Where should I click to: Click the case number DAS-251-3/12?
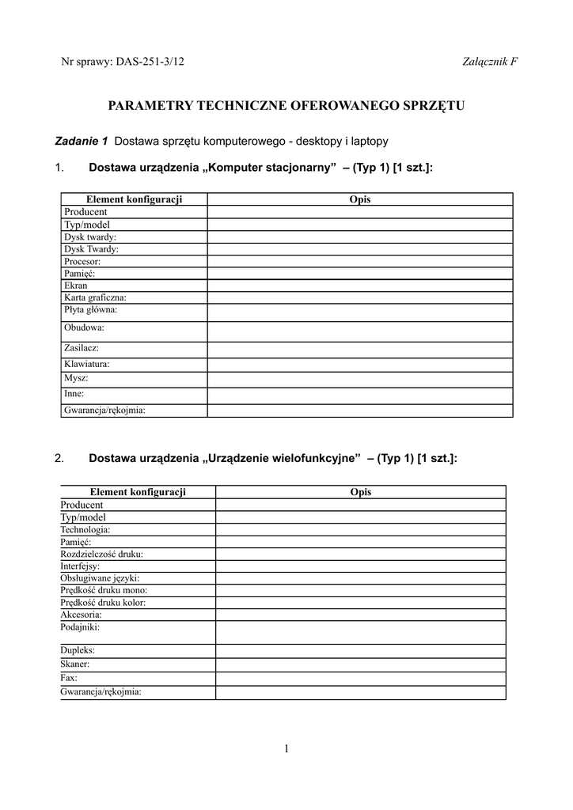pyautogui.click(x=150, y=62)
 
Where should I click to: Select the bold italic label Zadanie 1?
pyautogui.click(x=81, y=142)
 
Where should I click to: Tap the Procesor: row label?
pyautogui.click(x=82, y=261)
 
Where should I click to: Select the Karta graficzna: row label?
pyautogui.click(x=95, y=297)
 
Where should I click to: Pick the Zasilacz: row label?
pyautogui.click(x=82, y=347)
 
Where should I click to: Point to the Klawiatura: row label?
pyautogui.click(x=86, y=365)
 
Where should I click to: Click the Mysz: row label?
pyautogui.click(x=76, y=378)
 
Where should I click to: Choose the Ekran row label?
pyautogui.click(x=76, y=286)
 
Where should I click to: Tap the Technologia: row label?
pyautogui.click(x=85, y=529)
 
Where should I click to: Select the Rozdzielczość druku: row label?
pyautogui.click(x=101, y=555)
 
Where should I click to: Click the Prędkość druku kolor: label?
pyautogui.click(x=103, y=602)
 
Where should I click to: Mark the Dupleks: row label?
pyautogui.click(x=78, y=650)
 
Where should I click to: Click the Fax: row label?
pyautogui.click(x=69, y=678)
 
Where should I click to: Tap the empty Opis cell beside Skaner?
pyautogui.click(x=360, y=664)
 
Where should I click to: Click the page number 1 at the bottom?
pyautogui.click(x=286, y=749)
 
